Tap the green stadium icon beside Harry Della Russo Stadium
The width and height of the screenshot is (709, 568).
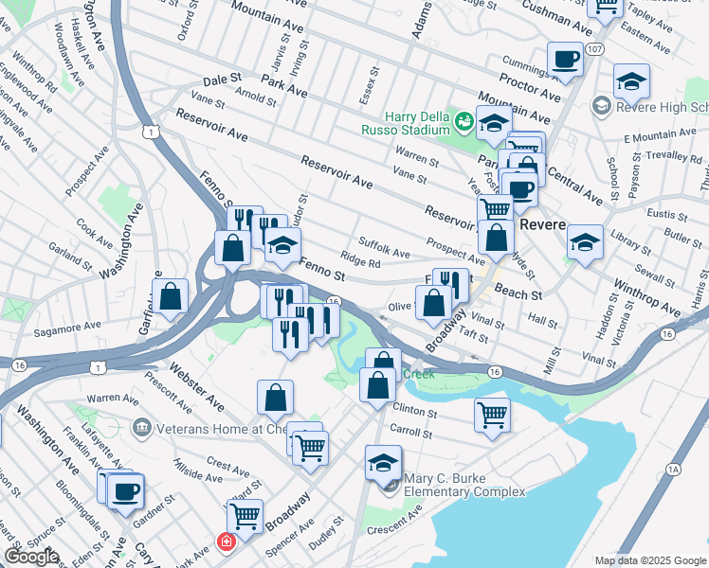pyautogui.click(x=464, y=120)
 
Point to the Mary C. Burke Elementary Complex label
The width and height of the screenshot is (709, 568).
pyautogui.click(x=464, y=485)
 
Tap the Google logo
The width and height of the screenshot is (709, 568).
pyautogui.click(x=31, y=557)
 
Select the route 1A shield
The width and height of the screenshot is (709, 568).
pyautogui.click(x=674, y=469)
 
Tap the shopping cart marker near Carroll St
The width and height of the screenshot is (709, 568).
pyautogui.click(x=493, y=413)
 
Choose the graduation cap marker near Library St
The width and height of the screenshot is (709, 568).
pyautogui.click(x=585, y=242)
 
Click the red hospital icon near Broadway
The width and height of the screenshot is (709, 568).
pyautogui.click(x=226, y=542)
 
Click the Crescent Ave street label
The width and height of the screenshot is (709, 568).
pyautogui.click(x=401, y=516)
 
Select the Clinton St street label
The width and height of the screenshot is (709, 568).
pyautogui.click(x=415, y=413)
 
